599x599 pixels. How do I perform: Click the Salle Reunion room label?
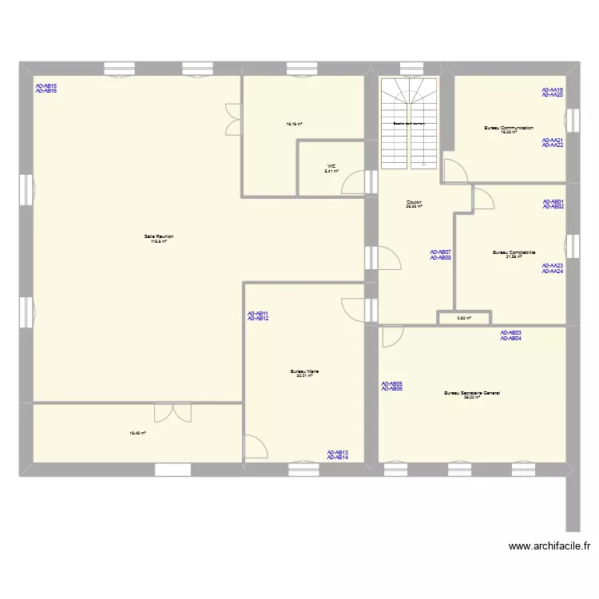point(159,236)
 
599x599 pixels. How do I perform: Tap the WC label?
point(331,167)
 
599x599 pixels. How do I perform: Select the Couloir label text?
point(414,202)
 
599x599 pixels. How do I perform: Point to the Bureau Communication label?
point(508,128)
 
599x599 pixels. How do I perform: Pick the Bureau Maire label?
point(305,371)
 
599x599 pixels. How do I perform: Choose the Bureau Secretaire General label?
point(472,393)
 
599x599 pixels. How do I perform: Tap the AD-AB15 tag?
point(46,86)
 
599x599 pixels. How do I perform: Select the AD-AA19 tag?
point(553,89)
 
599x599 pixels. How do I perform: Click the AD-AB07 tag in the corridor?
point(441,252)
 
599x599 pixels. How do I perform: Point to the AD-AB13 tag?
point(337,452)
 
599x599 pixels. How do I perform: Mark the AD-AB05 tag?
point(391,383)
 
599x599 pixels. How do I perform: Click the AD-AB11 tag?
point(258,313)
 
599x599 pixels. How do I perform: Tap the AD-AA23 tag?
point(553,266)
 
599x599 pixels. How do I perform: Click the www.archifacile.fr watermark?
point(549,546)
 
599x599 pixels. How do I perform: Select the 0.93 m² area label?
point(463,318)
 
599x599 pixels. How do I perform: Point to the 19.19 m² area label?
point(294,125)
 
